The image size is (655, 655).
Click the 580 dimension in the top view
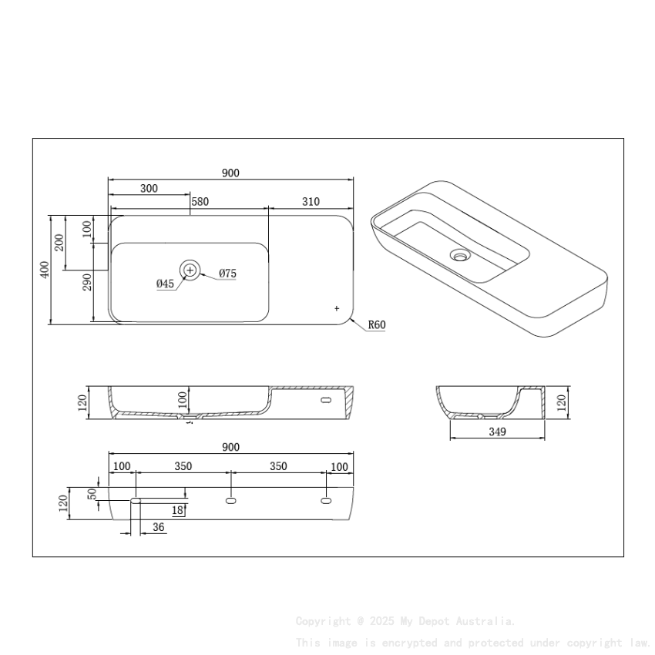pos(200,202)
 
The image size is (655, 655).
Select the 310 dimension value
pos(311,202)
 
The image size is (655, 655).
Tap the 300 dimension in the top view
pos(149,188)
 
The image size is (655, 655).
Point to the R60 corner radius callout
pos(376,325)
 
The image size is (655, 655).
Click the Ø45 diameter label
pos(165,284)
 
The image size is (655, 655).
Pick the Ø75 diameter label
pos(227,274)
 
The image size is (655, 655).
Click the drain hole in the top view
pos(190,270)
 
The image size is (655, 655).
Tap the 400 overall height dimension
pos(45,270)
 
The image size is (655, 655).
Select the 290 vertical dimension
pos(88,282)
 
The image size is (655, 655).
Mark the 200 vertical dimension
pos(59,243)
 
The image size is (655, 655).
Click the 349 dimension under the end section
pos(497,432)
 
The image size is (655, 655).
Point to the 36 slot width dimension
pos(159,527)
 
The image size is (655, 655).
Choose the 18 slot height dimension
pos(177,510)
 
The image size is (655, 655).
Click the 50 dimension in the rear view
pos(92,493)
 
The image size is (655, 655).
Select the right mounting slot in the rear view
pos(326,501)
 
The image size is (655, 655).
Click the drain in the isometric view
pos(461,254)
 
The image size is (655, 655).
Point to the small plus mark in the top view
pos(337,308)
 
